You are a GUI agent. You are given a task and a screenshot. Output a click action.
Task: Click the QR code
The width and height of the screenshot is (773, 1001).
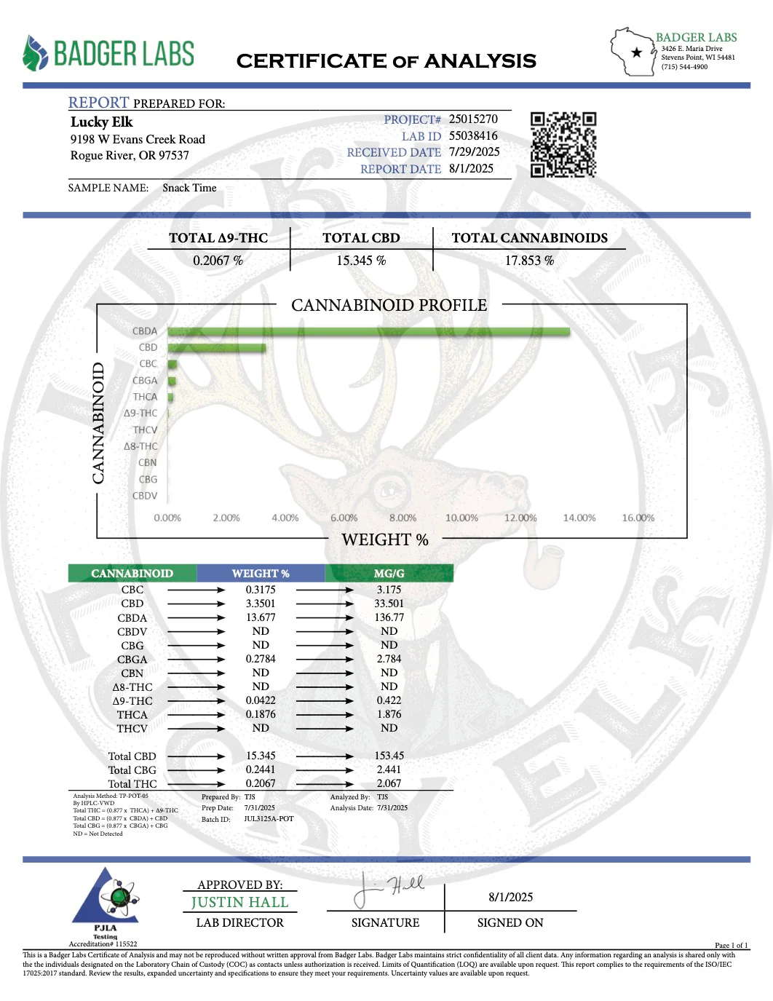[563, 144]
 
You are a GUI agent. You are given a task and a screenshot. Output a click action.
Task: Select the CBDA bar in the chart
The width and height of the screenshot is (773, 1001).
[368, 332]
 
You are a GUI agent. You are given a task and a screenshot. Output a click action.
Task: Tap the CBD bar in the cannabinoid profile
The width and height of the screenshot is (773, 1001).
[217, 348]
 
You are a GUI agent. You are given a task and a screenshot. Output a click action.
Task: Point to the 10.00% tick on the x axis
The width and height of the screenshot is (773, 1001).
[461, 518]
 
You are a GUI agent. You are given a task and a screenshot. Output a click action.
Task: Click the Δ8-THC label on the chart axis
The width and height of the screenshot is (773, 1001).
[140, 446]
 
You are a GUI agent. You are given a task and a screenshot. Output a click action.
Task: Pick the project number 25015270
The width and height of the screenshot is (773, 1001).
[473, 119]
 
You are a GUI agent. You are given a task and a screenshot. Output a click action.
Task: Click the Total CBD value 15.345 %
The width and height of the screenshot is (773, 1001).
[361, 261]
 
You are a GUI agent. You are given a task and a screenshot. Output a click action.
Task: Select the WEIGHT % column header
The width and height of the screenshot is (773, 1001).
[261, 574]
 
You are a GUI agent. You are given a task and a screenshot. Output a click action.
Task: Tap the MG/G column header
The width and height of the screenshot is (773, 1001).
[389, 574]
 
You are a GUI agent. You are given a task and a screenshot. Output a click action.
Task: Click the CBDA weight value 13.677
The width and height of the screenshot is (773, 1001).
[261, 617]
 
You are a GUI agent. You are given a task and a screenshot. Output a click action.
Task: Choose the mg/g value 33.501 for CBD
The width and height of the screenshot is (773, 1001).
[389, 604]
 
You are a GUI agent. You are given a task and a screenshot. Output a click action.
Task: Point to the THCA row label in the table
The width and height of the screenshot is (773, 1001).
[132, 715]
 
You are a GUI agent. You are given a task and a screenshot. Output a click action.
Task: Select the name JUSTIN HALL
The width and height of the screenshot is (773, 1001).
[239, 903]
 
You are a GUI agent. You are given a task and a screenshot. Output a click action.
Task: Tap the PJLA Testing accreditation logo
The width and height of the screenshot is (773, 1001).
[105, 903]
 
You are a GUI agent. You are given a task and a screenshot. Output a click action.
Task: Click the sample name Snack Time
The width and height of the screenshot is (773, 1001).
[189, 188]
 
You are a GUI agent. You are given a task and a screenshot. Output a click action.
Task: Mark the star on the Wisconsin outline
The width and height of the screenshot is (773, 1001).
[637, 52]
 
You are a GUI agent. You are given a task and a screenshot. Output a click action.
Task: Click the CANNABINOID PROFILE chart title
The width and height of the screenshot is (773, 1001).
[389, 305]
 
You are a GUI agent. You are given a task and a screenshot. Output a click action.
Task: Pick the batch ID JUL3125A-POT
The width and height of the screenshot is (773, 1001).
[269, 819]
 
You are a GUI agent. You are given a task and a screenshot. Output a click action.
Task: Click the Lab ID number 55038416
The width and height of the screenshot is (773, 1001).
[473, 135]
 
